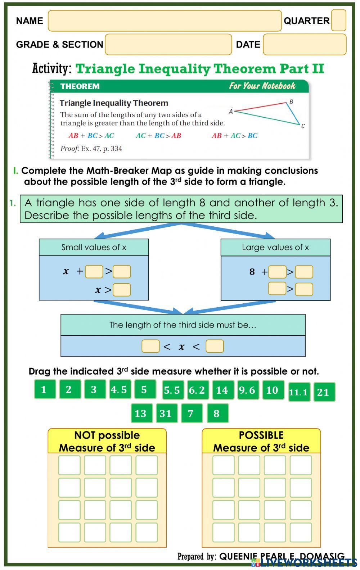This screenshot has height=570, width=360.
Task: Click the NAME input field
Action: [165, 21]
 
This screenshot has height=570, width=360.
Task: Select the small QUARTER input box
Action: [338, 20]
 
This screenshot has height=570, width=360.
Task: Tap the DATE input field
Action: [304, 45]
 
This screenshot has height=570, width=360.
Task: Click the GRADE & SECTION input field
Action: [168, 45]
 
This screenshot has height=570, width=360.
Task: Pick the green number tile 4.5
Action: [119, 389]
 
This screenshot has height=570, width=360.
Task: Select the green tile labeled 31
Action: [166, 413]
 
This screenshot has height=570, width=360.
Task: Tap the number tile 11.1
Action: [299, 392]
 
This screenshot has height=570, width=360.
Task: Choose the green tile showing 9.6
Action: [247, 390]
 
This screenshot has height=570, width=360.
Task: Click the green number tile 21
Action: [324, 392]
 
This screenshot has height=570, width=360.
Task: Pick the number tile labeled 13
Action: [141, 413]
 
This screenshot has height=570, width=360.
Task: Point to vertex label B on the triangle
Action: [291, 102]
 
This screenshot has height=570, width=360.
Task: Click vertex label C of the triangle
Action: [303, 126]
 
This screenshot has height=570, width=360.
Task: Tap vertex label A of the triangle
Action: [231, 112]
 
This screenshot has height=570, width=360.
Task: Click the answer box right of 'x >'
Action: [122, 290]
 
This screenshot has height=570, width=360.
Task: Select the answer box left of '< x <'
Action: [150, 346]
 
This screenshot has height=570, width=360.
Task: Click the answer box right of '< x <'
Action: [215, 346]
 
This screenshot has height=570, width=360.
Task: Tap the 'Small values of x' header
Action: [94, 247]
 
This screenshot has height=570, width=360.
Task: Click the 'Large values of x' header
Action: [275, 248]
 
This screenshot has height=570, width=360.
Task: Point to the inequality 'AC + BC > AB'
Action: [158, 136]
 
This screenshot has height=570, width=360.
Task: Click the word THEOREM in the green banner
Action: [80, 86]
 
